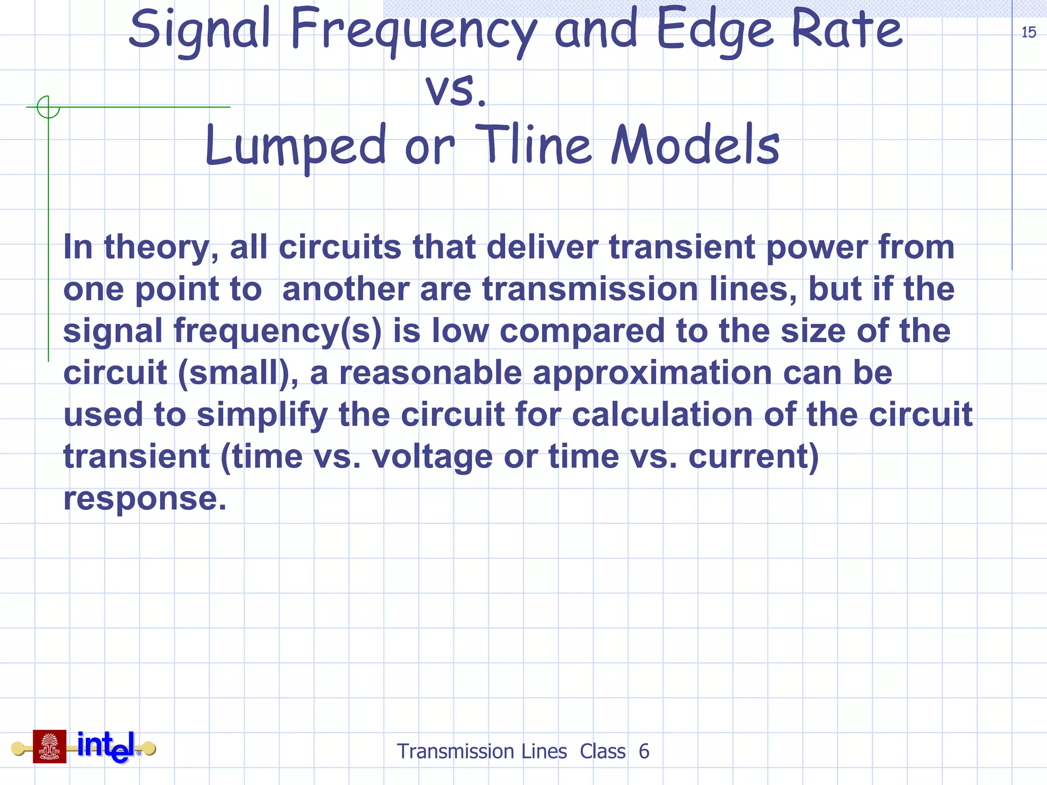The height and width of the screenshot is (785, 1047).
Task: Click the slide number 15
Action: click(1028, 33)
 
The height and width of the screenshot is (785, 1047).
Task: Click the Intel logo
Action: click(106, 747)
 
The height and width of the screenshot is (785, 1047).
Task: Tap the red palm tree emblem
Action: click(50, 747)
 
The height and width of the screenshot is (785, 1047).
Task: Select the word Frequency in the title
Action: click(413, 32)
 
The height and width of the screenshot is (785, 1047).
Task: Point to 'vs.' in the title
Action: click(456, 89)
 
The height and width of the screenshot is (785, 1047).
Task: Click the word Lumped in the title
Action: click(295, 147)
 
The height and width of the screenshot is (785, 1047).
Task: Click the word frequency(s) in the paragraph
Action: click(278, 331)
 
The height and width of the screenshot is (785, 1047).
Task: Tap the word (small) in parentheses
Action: click(237, 373)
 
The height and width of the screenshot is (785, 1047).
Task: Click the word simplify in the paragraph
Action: click(262, 415)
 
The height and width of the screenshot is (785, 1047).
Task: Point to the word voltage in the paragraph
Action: click(432, 456)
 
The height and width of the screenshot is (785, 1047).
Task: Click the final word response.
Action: click(144, 499)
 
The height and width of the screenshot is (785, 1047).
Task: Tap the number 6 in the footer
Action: click(644, 751)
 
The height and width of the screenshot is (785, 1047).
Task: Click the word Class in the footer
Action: click(602, 751)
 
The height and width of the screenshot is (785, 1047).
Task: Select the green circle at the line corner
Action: click(49, 107)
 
